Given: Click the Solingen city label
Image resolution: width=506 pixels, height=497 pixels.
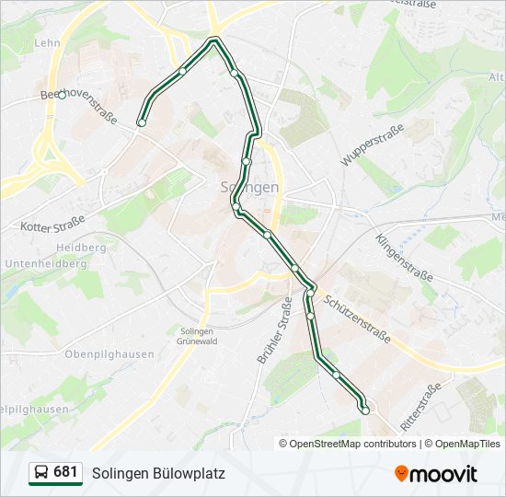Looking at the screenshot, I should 250,187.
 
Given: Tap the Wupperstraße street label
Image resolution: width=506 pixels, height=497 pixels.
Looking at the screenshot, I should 373,144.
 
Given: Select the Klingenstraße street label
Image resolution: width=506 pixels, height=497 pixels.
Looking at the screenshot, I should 404,257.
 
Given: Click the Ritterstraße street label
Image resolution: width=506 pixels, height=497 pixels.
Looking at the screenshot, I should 422,409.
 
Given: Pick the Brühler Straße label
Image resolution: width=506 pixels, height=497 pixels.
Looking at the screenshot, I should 274,329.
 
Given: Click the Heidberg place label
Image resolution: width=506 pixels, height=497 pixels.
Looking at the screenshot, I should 81,248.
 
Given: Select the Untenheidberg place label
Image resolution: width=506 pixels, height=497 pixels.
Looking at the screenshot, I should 45,263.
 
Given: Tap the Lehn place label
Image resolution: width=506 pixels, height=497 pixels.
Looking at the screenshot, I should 47,42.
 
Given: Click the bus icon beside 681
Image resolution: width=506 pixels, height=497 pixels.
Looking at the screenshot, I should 41,473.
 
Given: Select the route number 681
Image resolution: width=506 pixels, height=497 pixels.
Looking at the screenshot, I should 65,472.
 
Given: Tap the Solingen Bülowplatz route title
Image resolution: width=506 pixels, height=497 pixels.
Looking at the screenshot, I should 158,473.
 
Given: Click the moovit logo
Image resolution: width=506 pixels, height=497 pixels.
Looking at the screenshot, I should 436,473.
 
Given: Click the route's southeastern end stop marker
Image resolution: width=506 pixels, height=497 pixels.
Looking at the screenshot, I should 365,410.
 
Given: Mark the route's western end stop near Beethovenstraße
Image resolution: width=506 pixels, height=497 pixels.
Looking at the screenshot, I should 142,122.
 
